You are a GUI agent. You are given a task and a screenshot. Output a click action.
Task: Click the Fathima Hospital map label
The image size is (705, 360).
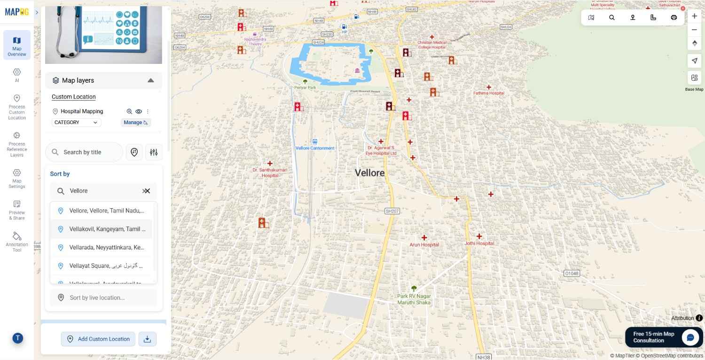point(489,93)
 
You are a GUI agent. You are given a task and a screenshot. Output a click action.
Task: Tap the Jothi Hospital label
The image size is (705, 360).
point(479,243)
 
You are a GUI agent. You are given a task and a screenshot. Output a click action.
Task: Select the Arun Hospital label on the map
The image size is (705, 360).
point(424,245)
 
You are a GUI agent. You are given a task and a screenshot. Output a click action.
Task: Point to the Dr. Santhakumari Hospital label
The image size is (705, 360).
point(270,172)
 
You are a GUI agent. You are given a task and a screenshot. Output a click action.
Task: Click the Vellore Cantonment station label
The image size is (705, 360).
point(315,148)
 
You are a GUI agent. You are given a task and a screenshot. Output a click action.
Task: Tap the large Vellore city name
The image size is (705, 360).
point(369,173)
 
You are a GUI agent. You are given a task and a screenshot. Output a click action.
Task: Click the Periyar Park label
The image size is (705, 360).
point(305,87)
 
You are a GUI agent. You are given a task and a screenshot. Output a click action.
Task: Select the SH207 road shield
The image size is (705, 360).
point(392,211)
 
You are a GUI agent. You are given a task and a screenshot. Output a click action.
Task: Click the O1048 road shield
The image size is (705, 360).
point(572,273)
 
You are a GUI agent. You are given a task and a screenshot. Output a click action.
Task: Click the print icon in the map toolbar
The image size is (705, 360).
point(674,17)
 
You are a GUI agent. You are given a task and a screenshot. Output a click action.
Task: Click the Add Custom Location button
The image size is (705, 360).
point(98,339)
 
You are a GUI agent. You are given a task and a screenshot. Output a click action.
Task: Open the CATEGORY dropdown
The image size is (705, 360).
point(76,123)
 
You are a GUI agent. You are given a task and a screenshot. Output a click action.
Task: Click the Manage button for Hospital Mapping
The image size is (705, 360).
point(135,123)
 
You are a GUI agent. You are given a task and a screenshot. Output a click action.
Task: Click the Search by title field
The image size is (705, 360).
point(85,152)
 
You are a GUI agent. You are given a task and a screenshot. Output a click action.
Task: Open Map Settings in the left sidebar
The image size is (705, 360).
point(17,178)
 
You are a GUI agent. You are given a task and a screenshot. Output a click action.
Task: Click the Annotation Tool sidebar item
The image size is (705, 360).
point(17,241)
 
